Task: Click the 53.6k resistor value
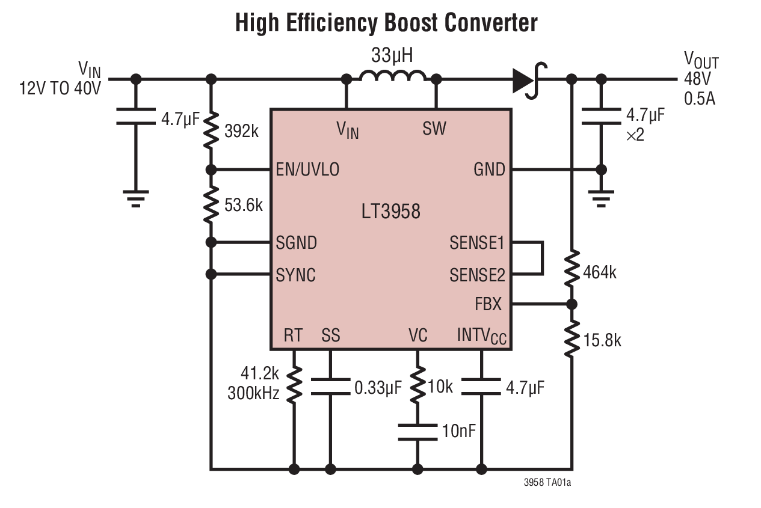(243, 205)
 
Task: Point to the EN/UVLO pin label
(307, 170)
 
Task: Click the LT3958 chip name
(391, 212)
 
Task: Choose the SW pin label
(434, 128)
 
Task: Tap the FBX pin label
(488, 304)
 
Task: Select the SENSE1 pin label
(477, 243)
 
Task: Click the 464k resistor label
(600, 273)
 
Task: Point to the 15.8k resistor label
(602, 341)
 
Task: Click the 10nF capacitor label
(463, 430)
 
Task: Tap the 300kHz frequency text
(253, 394)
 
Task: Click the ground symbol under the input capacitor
(135, 198)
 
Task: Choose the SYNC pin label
(296, 275)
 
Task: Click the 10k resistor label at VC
(440, 387)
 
